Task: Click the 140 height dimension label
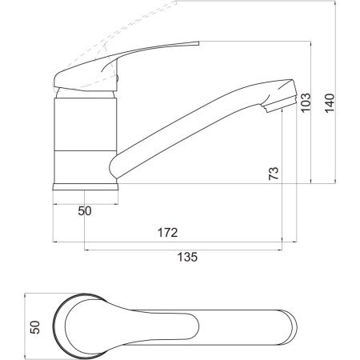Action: pos(330,103)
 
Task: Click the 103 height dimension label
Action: pos(306,102)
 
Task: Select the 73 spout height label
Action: pos(274,174)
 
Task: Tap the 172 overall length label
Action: pos(167,233)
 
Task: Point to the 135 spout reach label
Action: pos(187,257)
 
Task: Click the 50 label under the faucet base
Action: pos(85,211)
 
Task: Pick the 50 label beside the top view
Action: pos(35,327)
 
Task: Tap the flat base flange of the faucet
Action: pos(86,186)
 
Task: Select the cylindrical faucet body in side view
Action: pos(86,141)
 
